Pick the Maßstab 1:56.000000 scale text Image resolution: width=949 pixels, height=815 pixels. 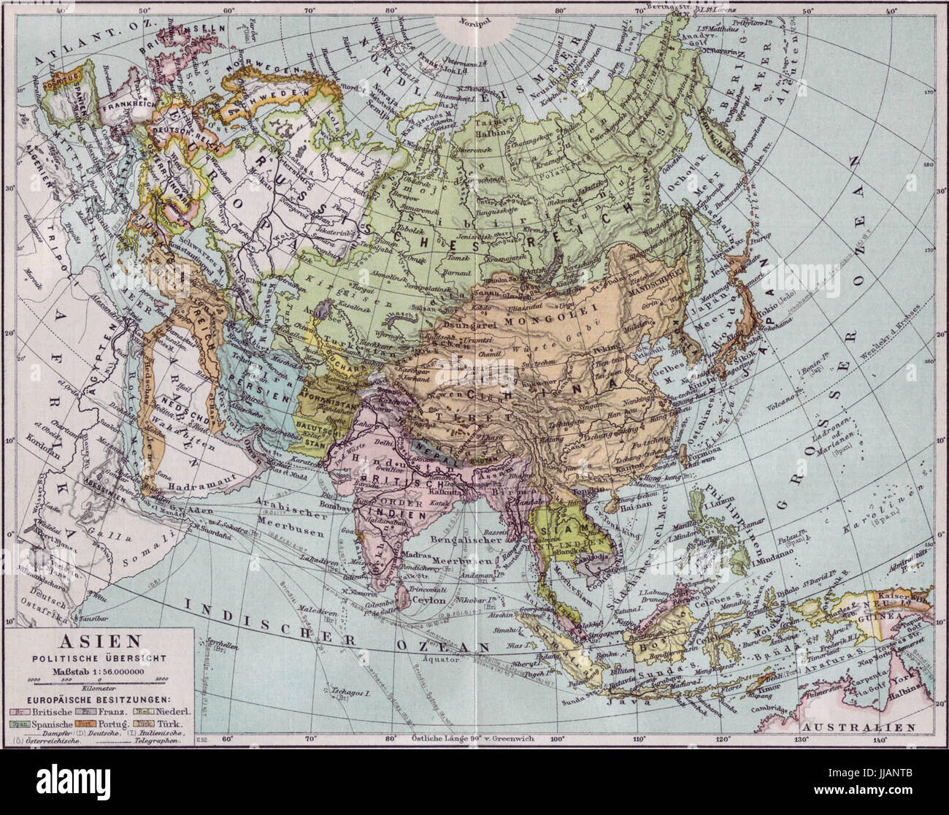(x=100, y=670)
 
